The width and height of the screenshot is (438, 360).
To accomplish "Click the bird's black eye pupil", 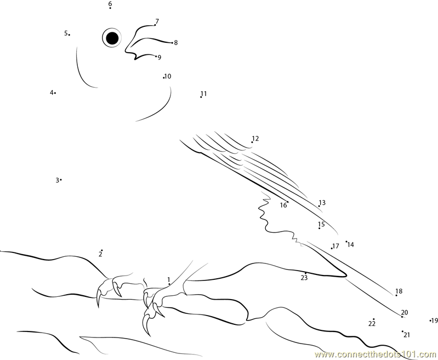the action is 112,38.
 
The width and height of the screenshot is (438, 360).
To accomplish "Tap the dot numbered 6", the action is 110,8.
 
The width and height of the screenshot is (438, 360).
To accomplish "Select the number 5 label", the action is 66,33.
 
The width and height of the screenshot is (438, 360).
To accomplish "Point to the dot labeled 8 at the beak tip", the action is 172,43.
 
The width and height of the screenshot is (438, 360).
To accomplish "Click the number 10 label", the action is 168,76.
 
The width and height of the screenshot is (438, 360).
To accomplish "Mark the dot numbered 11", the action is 201,97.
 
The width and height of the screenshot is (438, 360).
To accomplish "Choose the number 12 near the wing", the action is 255,138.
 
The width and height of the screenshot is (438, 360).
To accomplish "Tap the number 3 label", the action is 57,181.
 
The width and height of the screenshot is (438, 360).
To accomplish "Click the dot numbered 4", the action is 55,93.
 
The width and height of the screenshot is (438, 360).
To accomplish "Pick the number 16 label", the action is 283,205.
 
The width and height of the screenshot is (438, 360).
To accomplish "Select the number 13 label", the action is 322,203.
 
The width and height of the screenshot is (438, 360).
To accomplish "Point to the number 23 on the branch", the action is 304,278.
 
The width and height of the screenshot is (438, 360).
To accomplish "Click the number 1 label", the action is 169,279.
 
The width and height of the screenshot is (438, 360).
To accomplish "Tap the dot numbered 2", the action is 102,250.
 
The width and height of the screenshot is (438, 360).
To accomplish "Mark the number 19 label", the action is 434,320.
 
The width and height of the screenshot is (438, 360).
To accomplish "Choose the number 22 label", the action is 372,324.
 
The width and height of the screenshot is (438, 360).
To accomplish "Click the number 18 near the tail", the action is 399,291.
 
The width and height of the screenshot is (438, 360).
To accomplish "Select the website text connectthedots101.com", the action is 376,355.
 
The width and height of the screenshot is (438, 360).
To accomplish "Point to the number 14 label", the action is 351,245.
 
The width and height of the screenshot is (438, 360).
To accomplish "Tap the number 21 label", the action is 407,335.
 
